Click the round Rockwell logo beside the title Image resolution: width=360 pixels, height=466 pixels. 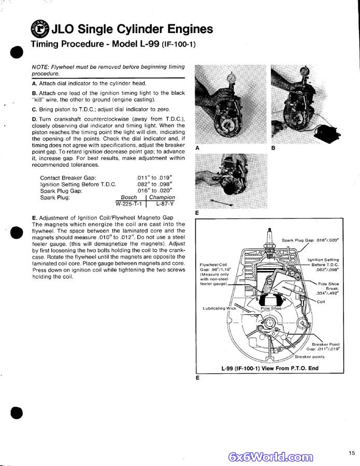pos(39,29)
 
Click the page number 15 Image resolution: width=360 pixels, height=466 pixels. pos(352,453)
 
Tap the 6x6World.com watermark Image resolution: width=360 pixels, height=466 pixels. pos(270,457)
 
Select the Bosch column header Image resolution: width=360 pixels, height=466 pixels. pos(129,197)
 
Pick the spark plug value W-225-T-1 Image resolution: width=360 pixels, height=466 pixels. pos(126,204)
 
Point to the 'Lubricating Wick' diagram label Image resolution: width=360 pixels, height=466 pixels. pos(219,308)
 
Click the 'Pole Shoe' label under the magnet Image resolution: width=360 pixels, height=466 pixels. pos(271,309)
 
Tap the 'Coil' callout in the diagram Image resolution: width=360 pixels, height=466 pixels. pos(321,301)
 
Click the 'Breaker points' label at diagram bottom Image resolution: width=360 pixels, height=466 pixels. pos(310,357)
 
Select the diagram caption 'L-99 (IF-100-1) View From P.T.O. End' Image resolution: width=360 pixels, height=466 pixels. pos(270,369)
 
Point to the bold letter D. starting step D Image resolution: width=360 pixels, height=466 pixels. pos(34,119)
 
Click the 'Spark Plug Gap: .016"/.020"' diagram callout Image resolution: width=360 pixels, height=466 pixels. pos(310,240)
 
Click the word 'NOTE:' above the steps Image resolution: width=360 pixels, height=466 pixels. pos(40,67)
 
